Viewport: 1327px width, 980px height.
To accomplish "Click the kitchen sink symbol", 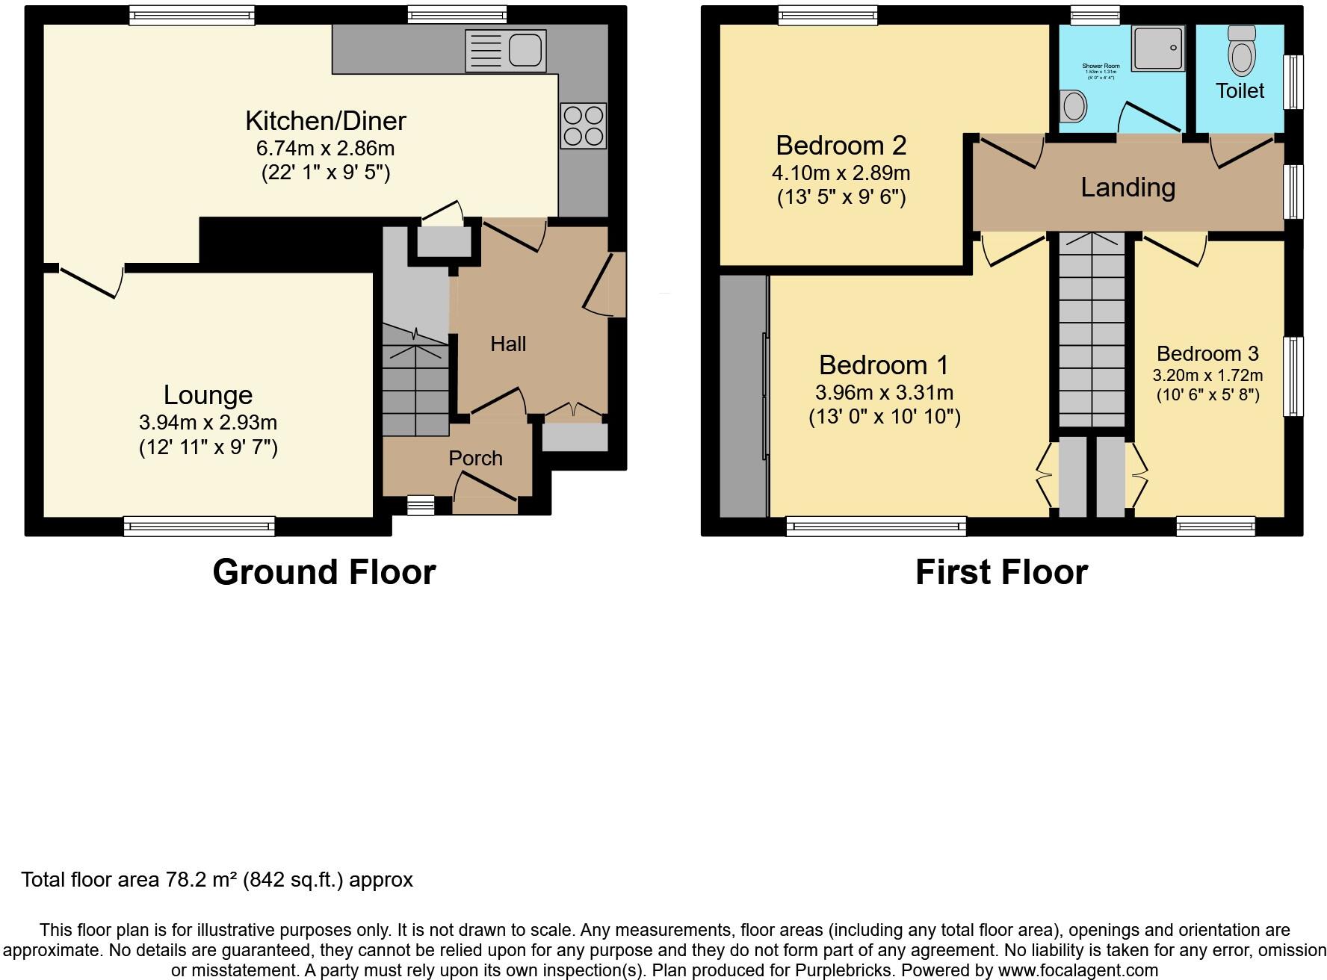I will tap(506, 51).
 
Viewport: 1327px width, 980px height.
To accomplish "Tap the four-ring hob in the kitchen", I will tap(583, 126).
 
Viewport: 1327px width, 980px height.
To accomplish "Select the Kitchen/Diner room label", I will tap(326, 120).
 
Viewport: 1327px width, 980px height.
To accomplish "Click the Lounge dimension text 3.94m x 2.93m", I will tap(208, 423).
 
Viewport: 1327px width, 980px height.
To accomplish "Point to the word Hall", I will tap(508, 344).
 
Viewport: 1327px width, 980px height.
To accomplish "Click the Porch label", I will tap(475, 458).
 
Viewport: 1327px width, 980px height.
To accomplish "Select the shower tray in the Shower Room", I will tap(1158, 49).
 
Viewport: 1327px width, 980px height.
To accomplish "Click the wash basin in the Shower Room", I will tap(1074, 106).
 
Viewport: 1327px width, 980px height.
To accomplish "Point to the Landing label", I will tap(1128, 187).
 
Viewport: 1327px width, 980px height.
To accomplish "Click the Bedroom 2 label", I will tap(841, 145).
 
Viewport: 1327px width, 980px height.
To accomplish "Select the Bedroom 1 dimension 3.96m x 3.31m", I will tap(884, 392).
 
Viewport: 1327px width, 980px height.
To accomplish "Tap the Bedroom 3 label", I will tap(1207, 353).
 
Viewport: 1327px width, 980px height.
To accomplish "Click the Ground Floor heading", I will tap(324, 572).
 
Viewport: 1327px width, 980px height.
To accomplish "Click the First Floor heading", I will tap(1001, 572).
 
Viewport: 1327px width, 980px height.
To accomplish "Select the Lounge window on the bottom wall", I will tap(199, 527).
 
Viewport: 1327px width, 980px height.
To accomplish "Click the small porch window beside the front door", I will tap(420, 506).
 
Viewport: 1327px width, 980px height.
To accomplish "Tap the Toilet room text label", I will tap(1240, 91).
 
